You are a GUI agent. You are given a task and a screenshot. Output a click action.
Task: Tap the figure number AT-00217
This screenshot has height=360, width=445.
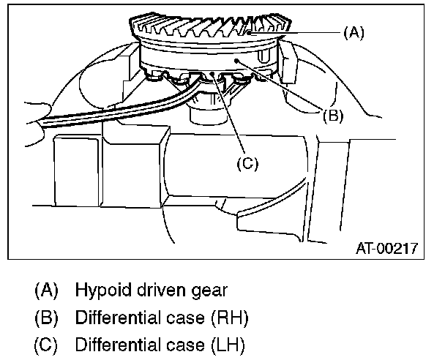coord(386,249)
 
